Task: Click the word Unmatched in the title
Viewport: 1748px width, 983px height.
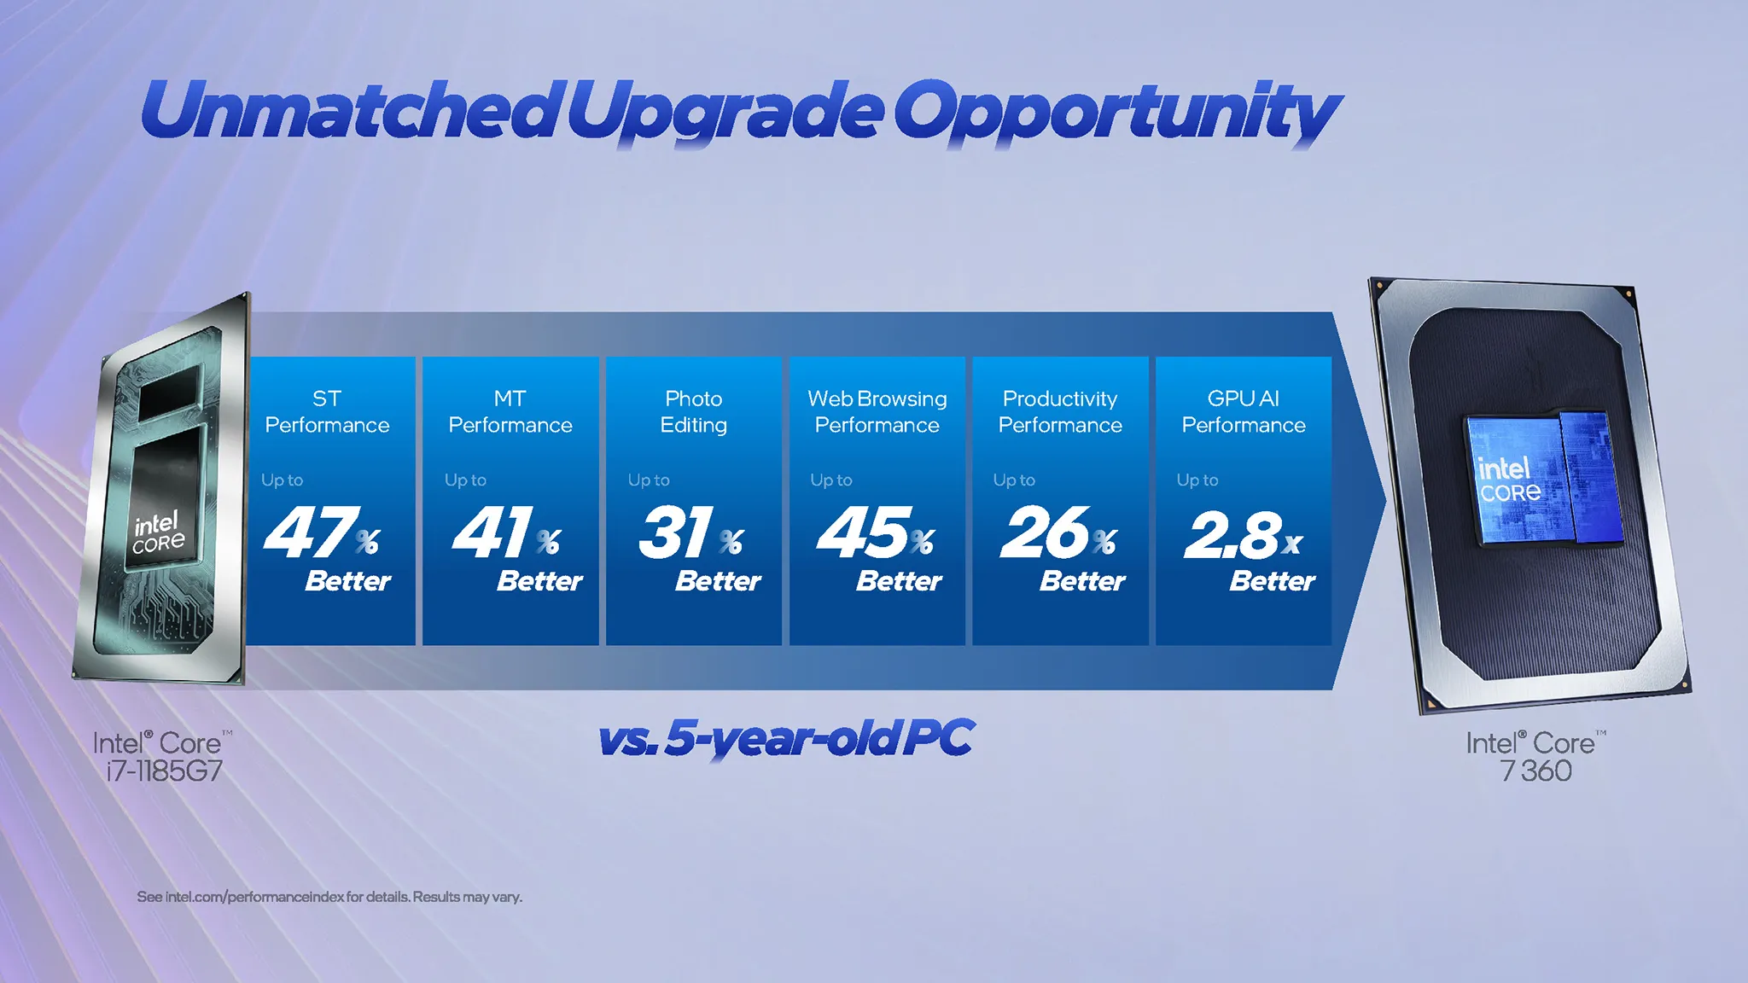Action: (x=348, y=111)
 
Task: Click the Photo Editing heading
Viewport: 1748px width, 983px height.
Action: (x=693, y=411)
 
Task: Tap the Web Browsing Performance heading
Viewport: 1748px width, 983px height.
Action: (x=877, y=411)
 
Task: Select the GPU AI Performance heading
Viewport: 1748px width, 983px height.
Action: (x=1243, y=411)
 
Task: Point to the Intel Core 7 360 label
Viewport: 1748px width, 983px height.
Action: (x=1535, y=757)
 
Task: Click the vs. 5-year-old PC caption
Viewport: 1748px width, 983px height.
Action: (x=785, y=738)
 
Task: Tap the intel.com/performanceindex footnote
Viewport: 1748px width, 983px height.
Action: (x=329, y=897)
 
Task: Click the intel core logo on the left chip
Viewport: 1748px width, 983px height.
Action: (x=158, y=532)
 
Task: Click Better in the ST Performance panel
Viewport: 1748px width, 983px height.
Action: (x=347, y=581)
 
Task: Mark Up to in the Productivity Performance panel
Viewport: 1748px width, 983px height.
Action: (x=1014, y=480)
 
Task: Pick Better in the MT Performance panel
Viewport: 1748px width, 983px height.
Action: (x=539, y=581)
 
